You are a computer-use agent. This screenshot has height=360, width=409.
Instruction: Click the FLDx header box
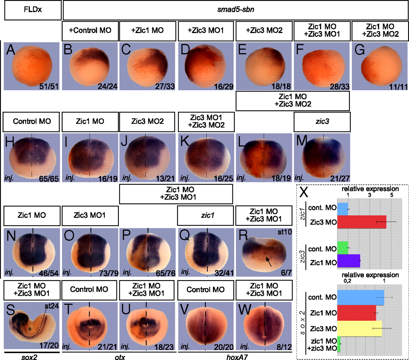(33, 10)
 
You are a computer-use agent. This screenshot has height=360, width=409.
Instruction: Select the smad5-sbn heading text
(235, 10)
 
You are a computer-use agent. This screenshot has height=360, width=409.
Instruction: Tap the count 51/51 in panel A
(49, 86)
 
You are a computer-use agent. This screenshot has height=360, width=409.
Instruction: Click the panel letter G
(359, 50)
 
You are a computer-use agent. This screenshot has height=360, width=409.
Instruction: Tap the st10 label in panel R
(285, 232)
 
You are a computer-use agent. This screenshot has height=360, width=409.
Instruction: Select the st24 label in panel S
(51, 306)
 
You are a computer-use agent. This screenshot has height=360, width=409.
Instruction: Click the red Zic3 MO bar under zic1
(362, 222)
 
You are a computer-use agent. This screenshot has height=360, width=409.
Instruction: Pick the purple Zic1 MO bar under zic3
(349, 261)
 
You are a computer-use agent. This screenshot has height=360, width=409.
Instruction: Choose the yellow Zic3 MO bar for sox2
(359, 329)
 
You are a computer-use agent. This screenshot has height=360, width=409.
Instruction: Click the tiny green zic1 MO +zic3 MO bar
(339, 344)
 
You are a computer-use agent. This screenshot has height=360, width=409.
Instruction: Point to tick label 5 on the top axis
(392, 195)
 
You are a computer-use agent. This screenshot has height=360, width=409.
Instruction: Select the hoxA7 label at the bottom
(237, 357)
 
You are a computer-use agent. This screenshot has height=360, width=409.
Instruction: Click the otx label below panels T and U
(120, 357)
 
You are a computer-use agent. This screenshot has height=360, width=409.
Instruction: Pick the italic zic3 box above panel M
(322, 121)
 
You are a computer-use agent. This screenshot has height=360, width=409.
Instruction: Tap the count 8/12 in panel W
(284, 347)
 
